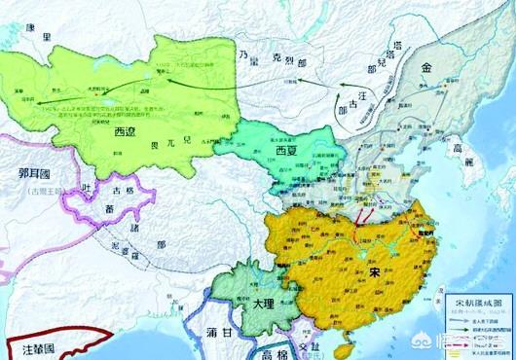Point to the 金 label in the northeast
[x=428, y=69]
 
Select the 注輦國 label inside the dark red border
[x=36, y=345]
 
